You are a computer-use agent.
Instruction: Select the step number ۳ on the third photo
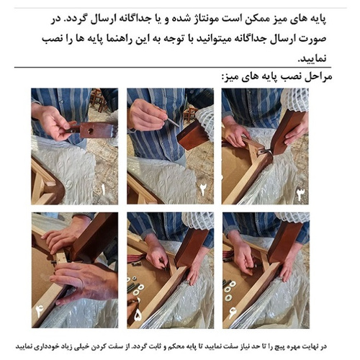(x=300, y=193)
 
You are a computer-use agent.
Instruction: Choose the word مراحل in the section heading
(x=312, y=76)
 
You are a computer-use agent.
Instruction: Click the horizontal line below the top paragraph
(x=180, y=66)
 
